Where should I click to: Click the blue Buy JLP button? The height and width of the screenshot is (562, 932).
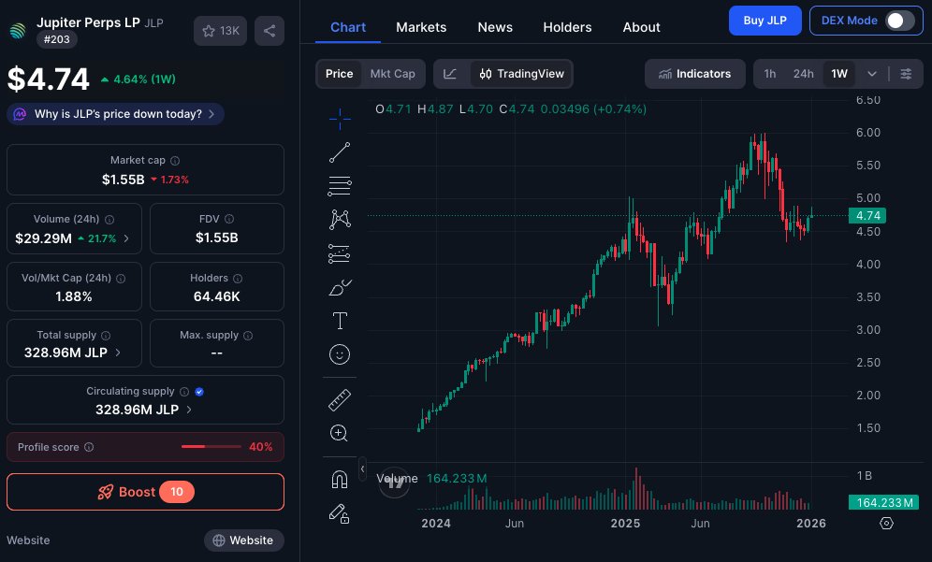765,20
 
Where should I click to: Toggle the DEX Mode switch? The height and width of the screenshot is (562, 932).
899,21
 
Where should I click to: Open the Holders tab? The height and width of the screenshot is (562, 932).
567,27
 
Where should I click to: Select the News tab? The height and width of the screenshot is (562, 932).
495,27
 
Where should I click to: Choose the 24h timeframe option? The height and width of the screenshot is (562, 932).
803,74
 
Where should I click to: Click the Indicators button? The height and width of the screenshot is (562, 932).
694,74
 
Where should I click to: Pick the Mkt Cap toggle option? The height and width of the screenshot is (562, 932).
392,74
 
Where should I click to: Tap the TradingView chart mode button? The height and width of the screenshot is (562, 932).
522,74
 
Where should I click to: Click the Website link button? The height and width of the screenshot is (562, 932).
243,540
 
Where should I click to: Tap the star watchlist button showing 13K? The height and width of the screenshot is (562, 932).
219,31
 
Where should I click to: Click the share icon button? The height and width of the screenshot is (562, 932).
269,31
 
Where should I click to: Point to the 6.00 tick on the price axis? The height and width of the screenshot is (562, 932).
867,133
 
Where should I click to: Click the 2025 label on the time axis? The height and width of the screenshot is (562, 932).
625,524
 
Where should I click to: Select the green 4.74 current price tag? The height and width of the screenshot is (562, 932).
866,216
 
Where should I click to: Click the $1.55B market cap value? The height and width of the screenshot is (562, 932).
123,179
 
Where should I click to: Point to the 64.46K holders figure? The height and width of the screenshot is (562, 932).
217,296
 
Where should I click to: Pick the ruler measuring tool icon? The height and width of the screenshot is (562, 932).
340,401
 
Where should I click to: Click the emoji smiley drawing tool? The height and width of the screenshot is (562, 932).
340,354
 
